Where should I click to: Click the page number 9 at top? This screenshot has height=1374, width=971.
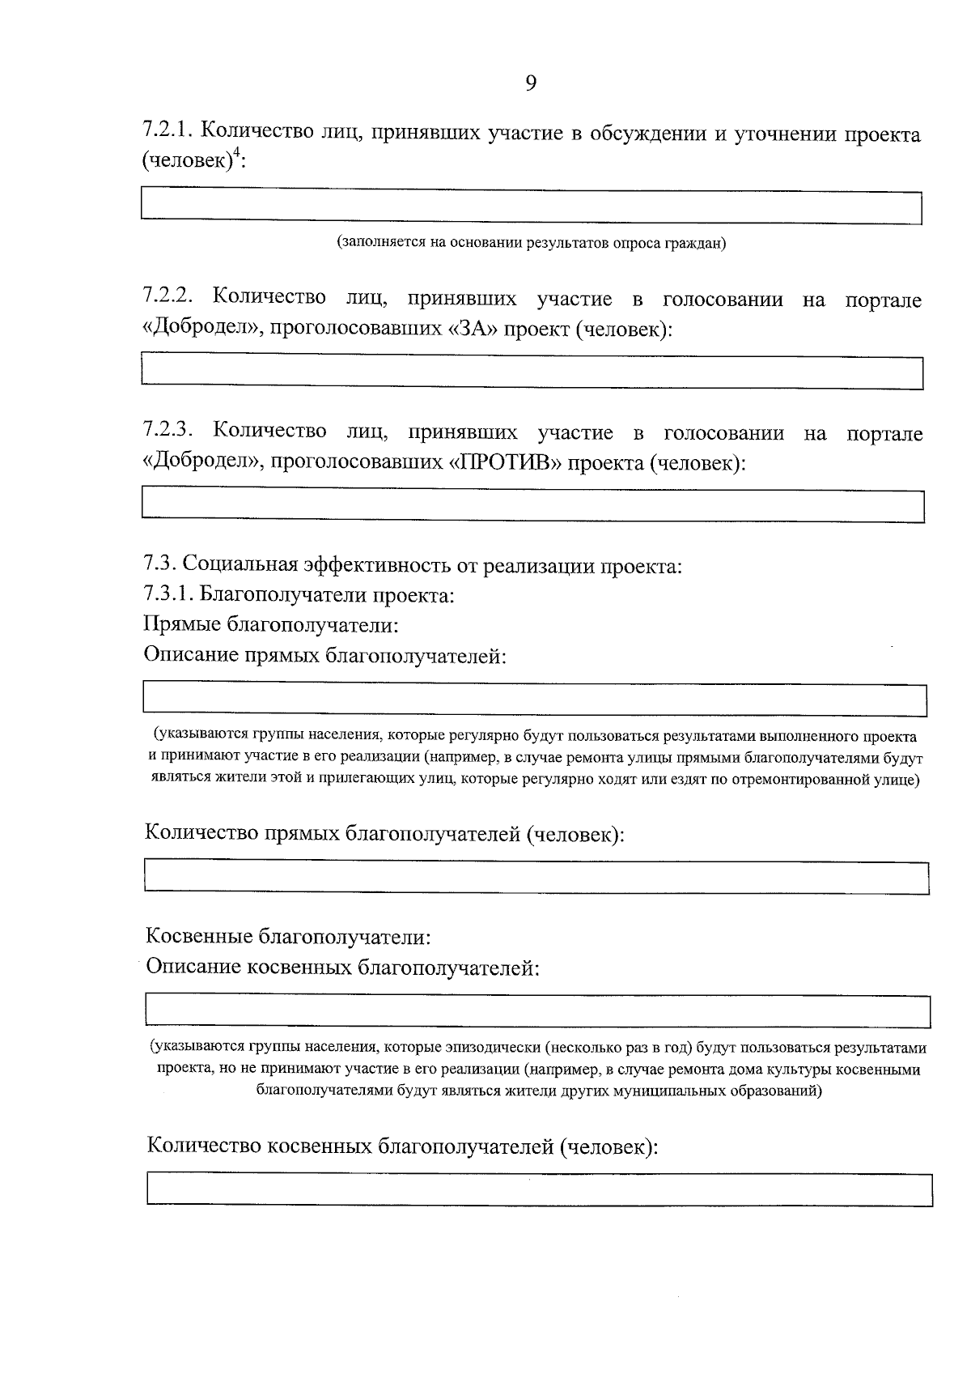[x=531, y=83]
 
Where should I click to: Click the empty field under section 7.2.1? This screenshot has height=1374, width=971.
[x=531, y=206]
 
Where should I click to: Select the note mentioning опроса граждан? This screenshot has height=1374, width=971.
[x=531, y=243]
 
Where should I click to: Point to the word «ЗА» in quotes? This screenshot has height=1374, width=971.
[x=472, y=330]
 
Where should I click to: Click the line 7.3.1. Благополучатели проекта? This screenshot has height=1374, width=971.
[x=299, y=595]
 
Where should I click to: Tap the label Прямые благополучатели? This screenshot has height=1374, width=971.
[x=271, y=625]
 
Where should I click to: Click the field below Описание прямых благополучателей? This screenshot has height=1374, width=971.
[x=534, y=700]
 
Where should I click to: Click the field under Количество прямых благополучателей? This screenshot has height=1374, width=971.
[x=536, y=878]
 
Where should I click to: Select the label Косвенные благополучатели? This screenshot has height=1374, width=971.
[x=287, y=937]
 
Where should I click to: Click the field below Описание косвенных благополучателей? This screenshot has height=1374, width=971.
[x=537, y=1011]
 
